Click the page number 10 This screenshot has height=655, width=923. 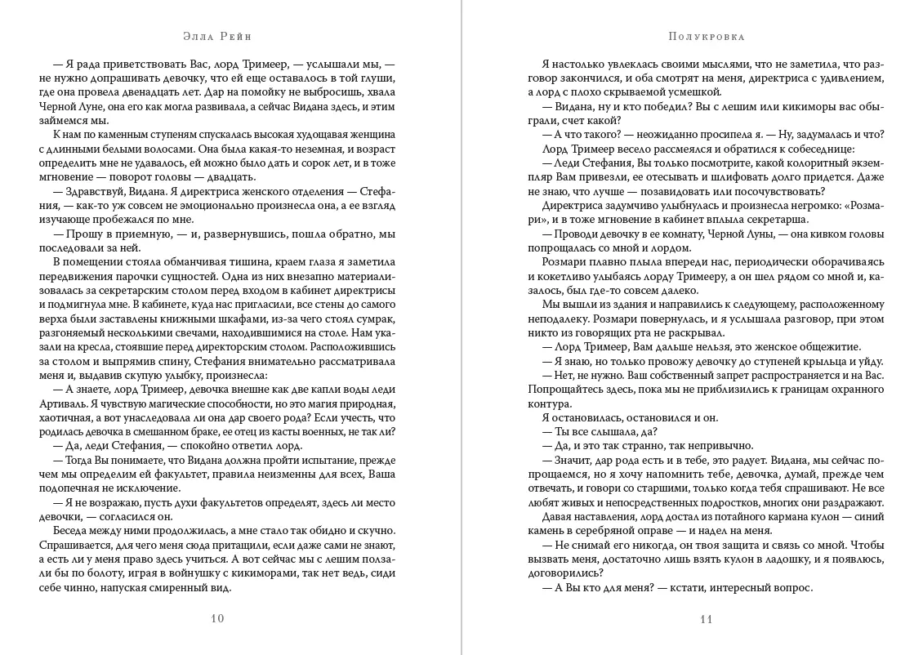coord(217,618)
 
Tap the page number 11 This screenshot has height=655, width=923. coord(707,618)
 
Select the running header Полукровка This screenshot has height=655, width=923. coord(706,37)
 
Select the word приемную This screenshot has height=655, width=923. coord(140,234)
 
